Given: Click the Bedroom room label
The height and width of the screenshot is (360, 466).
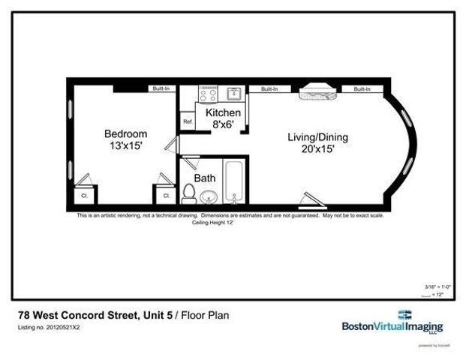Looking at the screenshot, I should tap(125, 134).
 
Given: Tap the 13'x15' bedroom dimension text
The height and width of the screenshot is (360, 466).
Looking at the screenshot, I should tap(125, 146).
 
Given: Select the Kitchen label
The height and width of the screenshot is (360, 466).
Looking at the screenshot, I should tap(224, 113).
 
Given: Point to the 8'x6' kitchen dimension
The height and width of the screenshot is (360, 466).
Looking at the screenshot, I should tap(224, 124).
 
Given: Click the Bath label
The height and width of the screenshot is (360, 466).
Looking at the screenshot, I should tap(205, 178).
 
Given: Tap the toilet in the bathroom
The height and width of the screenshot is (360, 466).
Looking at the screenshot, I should tap(188, 194).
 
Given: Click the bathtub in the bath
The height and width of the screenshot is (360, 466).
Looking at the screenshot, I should tap(235, 183).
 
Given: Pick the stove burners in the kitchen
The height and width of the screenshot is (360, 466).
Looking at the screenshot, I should tap(207, 94).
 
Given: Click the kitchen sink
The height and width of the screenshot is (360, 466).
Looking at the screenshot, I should tap(233, 94).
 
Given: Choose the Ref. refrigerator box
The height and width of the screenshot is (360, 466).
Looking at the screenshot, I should tap(188, 121).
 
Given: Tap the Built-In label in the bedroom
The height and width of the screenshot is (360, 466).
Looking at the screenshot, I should tap(161, 89).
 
